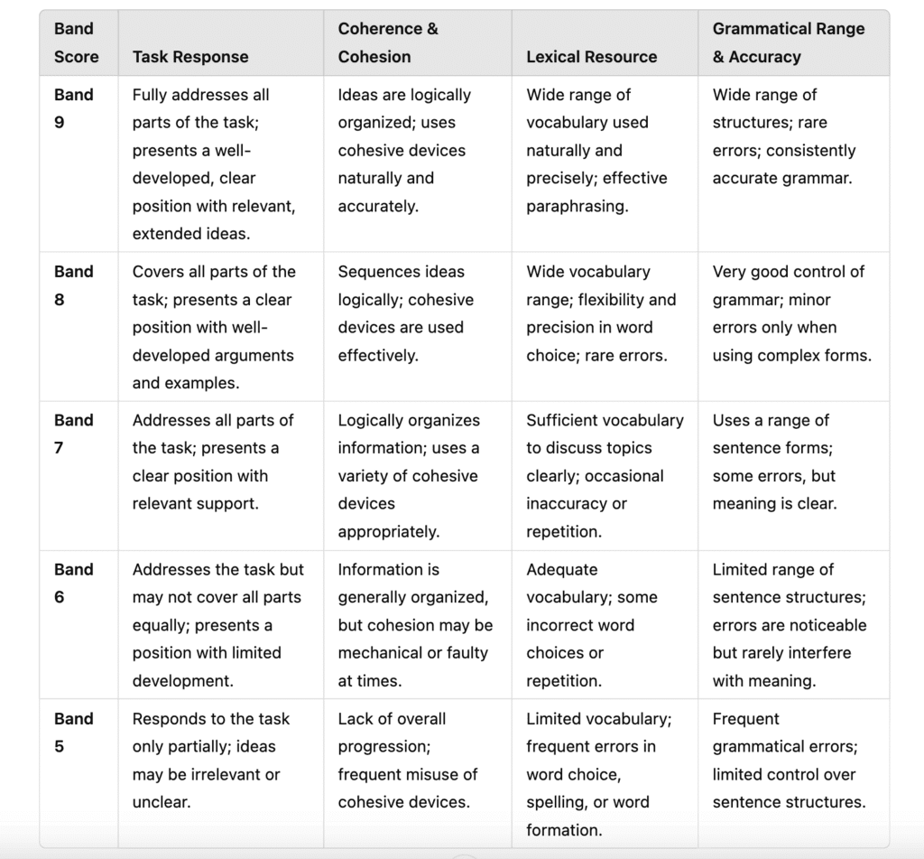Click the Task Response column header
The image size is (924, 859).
pos(190,57)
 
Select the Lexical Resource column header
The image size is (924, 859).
pos(591,57)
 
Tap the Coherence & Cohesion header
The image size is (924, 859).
pos(388,42)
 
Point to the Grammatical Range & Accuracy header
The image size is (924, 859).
pos(788,42)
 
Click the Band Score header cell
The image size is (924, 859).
pos(76,42)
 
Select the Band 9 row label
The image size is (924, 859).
pos(73,108)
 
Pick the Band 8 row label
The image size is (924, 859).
pos(73,285)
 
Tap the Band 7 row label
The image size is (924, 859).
pos(73,434)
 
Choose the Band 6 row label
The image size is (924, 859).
pos(73,584)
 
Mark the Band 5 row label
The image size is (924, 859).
pos(73,733)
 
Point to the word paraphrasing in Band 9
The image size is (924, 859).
pos(577,206)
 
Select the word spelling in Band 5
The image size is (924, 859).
pos(554,802)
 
